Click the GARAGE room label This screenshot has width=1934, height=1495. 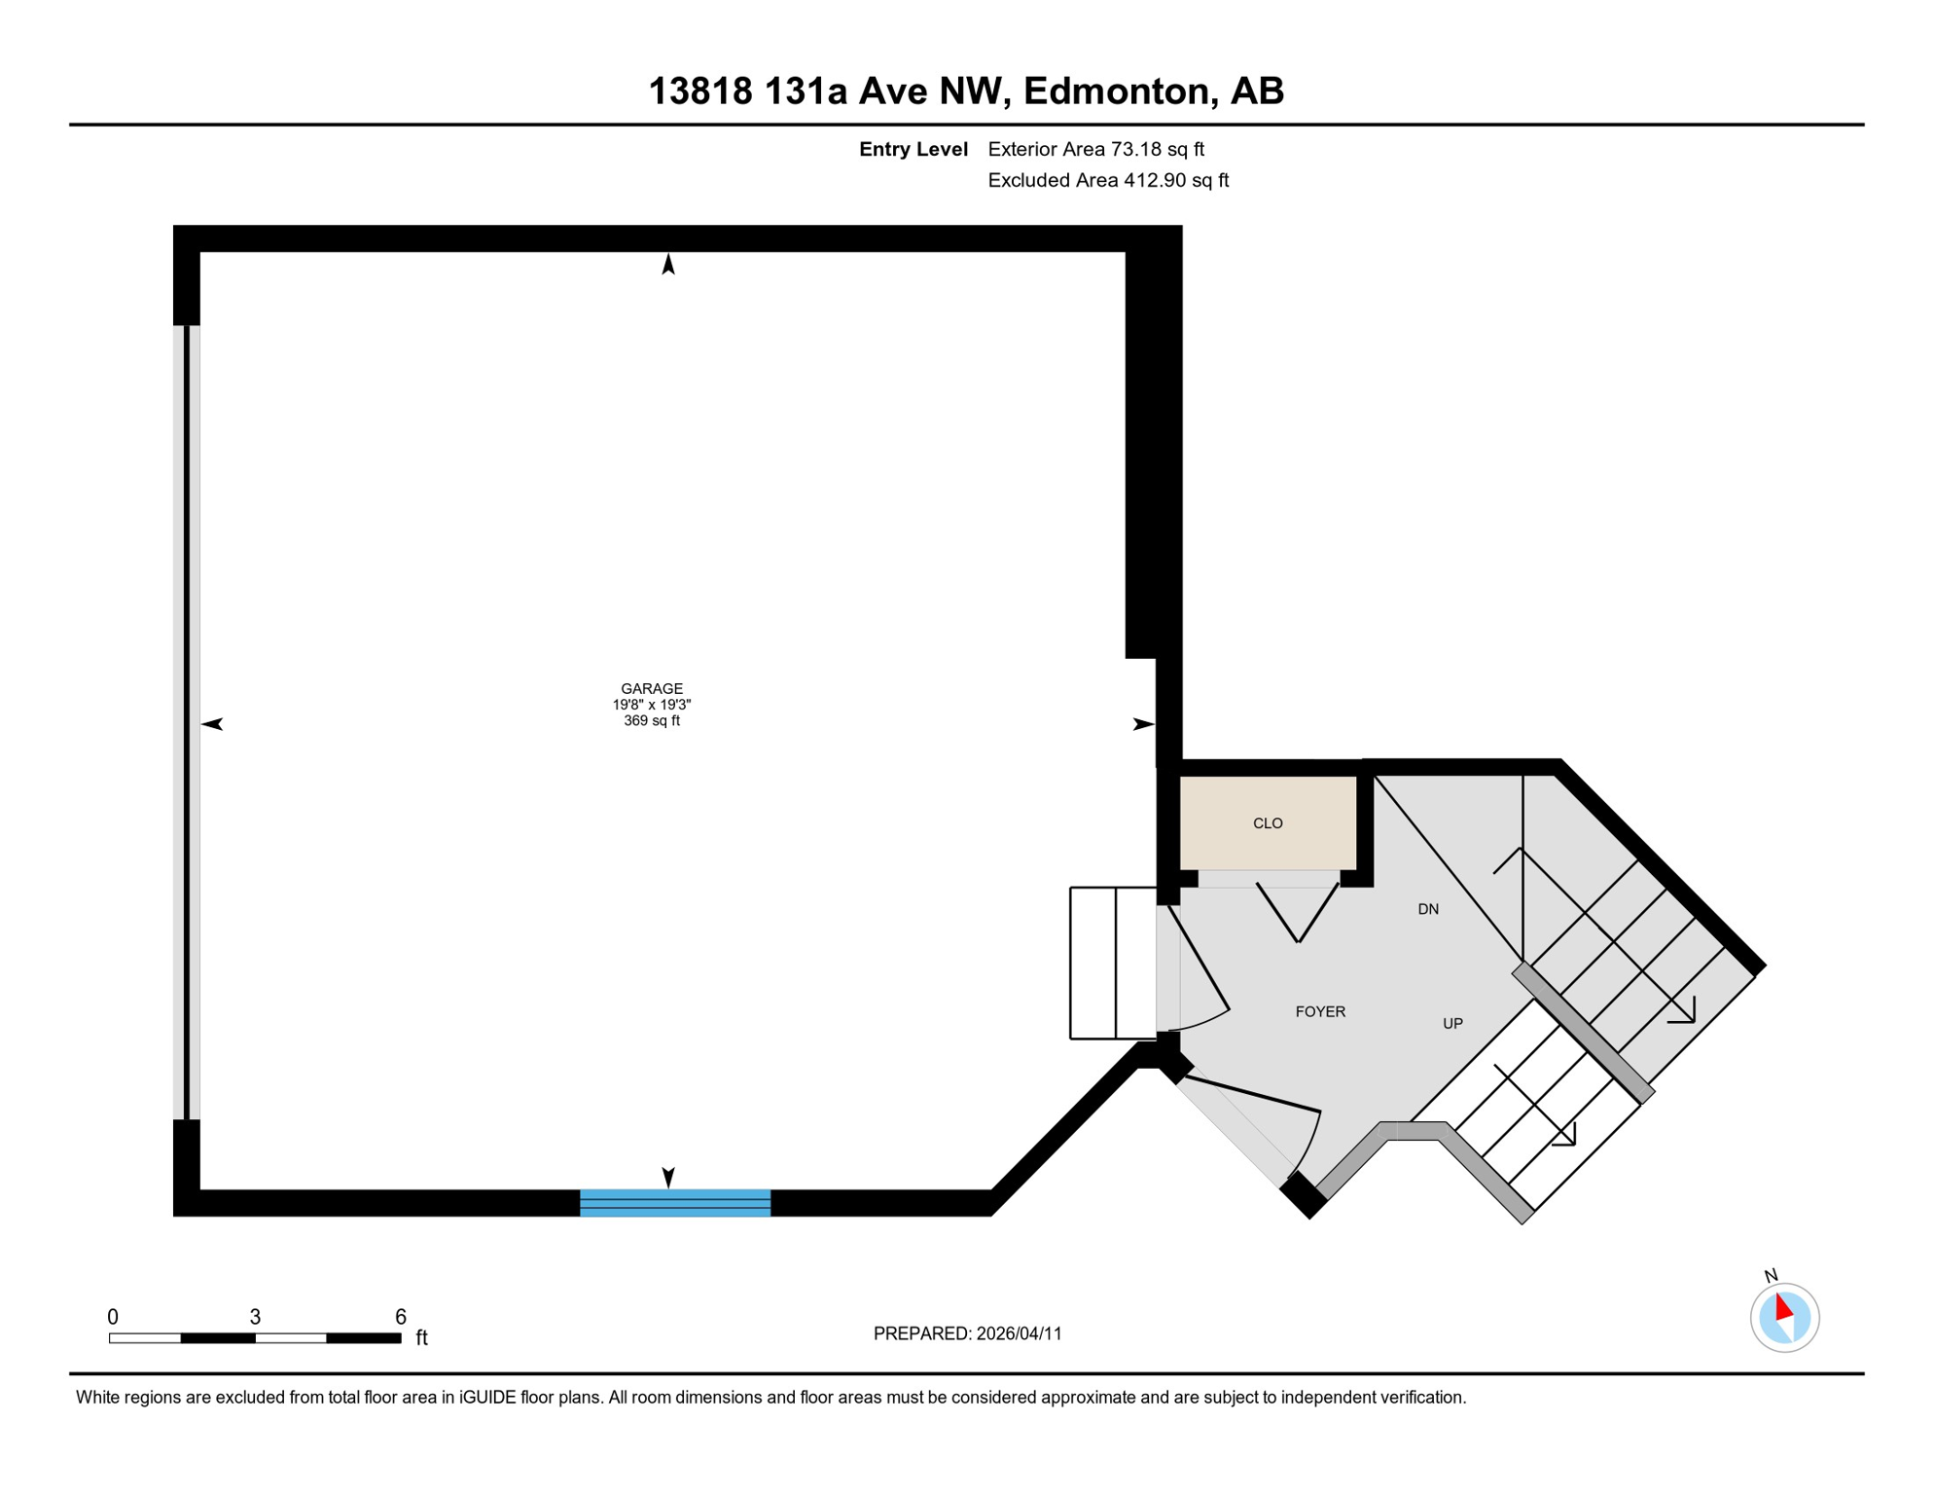click(x=652, y=689)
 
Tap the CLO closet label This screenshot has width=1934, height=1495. click(x=1268, y=823)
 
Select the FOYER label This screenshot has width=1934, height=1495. click(x=1320, y=1012)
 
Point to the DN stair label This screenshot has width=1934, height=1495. click(x=1428, y=909)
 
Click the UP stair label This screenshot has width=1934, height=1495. click(x=1452, y=1024)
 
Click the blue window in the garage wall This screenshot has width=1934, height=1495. click(x=675, y=1203)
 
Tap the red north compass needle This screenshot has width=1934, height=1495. click(x=1783, y=1307)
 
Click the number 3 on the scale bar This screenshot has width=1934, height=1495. click(x=255, y=1317)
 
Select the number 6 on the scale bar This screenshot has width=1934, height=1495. click(x=401, y=1317)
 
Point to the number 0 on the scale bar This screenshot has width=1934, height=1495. click(x=113, y=1317)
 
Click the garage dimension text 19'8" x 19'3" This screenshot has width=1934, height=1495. click(x=652, y=705)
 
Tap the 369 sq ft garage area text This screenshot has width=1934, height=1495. click(x=652, y=721)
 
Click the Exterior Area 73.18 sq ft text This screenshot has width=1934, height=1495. click(x=1095, y=149)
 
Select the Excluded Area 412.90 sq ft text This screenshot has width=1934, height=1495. click(x=1108, y=180)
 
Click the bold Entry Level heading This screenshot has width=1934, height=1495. click(x=913, y=149)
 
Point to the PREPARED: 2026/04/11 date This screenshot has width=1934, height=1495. click(x=967, y=1333)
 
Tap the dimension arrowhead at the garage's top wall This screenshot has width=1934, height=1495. click(x=668, y=264)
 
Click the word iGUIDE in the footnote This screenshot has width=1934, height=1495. click(x=487, y=1398)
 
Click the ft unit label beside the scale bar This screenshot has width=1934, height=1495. click(x=421, y=1338)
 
